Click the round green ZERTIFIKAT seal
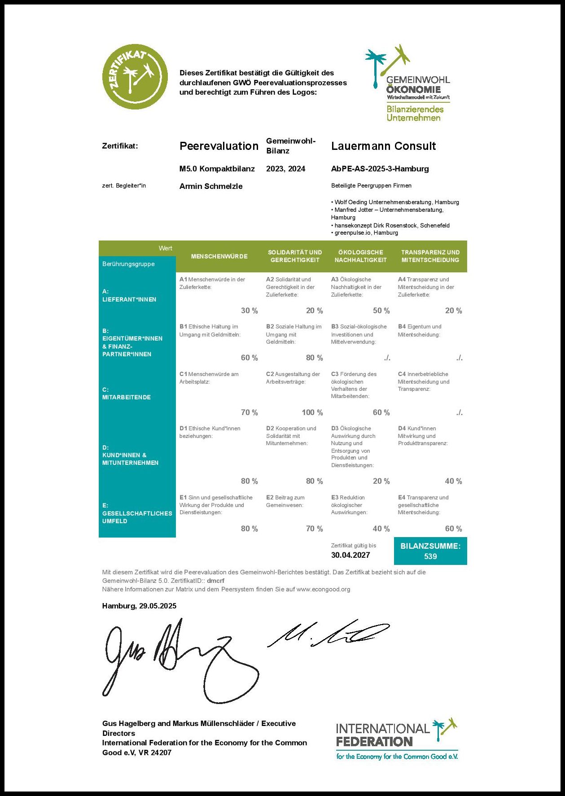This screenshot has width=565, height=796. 135,77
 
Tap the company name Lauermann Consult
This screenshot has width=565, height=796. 383,146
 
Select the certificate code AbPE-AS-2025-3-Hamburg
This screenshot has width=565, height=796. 380,169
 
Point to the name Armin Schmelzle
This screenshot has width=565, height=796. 211,186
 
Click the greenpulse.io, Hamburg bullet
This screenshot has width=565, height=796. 366,233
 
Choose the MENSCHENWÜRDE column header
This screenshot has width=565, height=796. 219,256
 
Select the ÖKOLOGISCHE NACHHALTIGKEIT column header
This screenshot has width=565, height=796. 360,256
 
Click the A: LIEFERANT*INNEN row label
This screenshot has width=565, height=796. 129,295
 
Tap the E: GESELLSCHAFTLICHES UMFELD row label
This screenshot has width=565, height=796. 136,513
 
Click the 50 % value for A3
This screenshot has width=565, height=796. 381,311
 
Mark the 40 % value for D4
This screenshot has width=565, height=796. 453,481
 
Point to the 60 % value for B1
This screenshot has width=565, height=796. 249,358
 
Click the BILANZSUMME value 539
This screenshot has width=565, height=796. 430,556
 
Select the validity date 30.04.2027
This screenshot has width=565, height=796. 350,555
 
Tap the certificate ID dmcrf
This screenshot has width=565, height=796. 215,581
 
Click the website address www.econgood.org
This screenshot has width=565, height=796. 323,589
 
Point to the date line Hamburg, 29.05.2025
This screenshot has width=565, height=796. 139,606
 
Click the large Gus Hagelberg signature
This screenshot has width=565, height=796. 180,655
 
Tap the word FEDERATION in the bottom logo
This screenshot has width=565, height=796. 374,742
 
